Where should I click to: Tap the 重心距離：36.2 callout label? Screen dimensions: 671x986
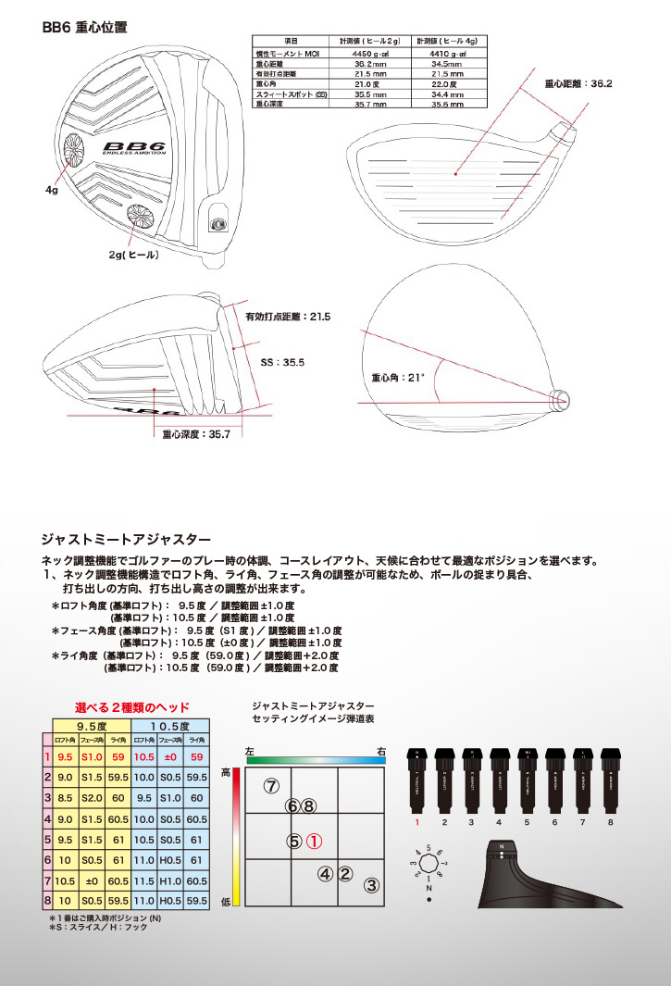pyautogui.click(x=578, y=83)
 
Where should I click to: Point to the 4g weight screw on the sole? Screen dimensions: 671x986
pyautogui.click(x=71, y=146)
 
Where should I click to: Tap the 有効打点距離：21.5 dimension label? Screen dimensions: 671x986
pyautogui.click(x=287, y=317)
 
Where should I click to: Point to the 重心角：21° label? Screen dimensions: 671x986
pyautogui.click(x=397, y=378)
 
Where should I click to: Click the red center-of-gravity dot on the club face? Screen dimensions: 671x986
pyautogui.click(x=457, y=172)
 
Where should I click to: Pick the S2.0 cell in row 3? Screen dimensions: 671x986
pyautogui.click(x=91, y=798)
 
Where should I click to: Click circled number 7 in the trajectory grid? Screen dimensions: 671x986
pyautogui.click(x=270, y=786)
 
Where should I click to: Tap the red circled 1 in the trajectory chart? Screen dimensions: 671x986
pyautogui.click(x=314, y=842)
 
